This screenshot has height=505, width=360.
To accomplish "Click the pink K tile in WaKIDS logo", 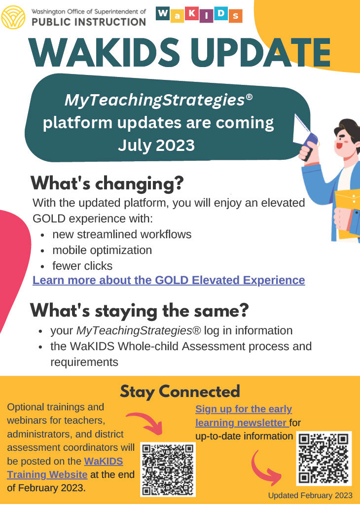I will point(191,15).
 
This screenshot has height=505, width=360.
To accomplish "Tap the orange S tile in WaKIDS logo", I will point(235,15).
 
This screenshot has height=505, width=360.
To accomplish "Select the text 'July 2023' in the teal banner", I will point(156,145).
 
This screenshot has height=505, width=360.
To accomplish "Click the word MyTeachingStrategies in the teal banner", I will point(154,101).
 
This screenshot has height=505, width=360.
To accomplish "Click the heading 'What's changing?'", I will point(107,183).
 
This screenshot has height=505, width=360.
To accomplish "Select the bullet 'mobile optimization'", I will point(102,250).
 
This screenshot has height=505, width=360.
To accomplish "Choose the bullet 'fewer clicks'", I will point(82,266).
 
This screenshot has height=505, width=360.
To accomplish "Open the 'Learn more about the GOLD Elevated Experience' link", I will point(169,280).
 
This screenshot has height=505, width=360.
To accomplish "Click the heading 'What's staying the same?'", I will point(140,311).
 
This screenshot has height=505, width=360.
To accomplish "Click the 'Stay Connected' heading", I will point(180,391).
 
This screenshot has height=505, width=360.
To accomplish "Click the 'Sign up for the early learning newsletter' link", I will point(244,416).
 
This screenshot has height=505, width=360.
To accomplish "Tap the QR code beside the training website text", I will point(168,469).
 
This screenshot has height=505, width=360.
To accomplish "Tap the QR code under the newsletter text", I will point(324,458).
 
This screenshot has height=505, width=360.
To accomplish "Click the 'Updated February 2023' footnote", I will point(310,495).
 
